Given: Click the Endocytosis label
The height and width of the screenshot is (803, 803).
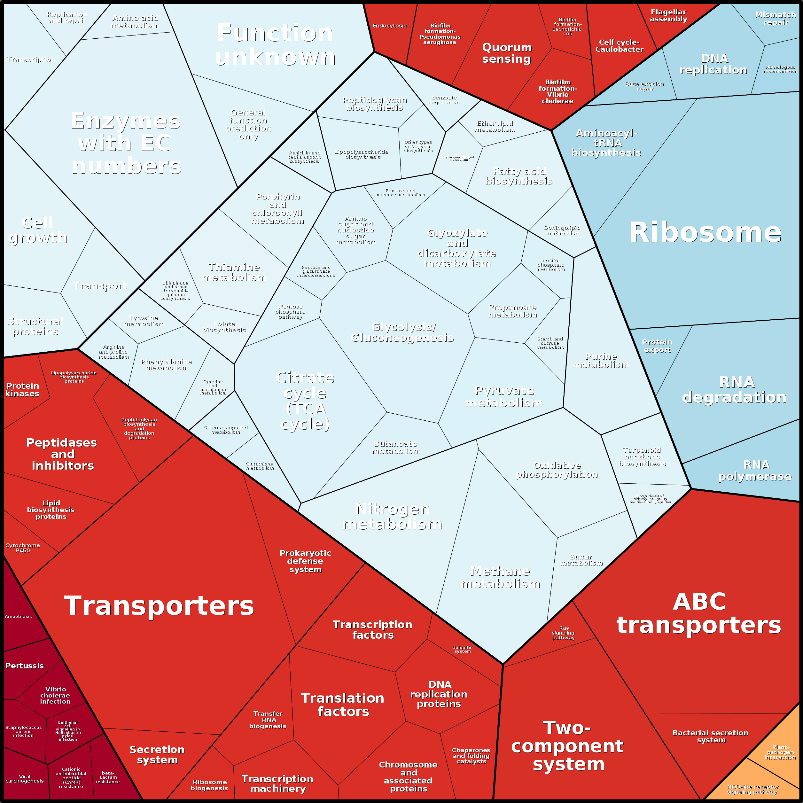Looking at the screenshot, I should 389,26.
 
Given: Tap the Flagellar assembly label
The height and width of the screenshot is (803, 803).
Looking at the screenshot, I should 668,16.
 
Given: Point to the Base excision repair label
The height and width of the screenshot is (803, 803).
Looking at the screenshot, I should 645,86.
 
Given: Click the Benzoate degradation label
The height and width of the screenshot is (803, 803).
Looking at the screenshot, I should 444,100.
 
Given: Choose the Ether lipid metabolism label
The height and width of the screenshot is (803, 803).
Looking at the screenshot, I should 495,126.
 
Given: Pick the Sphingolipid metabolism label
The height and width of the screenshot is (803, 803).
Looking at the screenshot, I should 562,231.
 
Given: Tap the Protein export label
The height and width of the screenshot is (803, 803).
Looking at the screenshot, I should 657,346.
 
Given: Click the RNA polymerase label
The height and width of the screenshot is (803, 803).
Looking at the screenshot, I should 755,471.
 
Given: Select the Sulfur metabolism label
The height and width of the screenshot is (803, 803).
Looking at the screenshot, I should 581,560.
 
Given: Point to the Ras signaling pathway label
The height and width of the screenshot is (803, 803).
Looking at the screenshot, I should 564,633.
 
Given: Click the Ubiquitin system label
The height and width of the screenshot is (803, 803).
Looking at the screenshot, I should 462,649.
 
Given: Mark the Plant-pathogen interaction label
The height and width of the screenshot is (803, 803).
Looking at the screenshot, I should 780,752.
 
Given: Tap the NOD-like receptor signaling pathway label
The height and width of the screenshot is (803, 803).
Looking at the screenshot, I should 753,789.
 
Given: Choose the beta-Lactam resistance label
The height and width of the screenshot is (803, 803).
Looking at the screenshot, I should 108,777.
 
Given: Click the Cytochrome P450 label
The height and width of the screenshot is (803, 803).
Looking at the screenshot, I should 23,548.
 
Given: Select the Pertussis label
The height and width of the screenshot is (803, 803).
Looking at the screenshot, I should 25,666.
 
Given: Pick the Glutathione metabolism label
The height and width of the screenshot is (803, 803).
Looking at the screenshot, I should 260,466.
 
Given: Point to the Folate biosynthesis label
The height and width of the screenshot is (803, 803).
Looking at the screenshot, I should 224,327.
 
